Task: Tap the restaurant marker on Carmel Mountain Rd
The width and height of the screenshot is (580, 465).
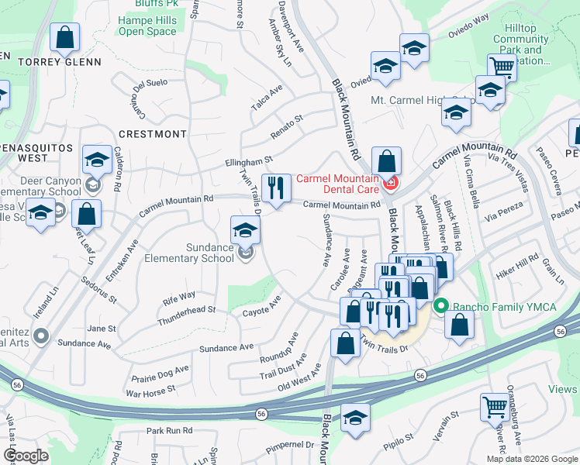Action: (x=275, y=187)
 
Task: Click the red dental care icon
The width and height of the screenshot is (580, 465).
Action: (x=390, y=184)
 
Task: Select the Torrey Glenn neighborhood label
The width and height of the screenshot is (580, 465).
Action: (x=60, y=62)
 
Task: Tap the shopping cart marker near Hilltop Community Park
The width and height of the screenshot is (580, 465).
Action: (x=502, y=67)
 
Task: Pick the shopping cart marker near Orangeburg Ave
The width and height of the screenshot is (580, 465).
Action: (x=495, y=405)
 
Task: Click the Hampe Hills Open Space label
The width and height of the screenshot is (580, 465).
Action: (x=147, y=26)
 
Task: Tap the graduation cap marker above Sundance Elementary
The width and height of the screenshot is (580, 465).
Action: (x=245, y=229)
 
